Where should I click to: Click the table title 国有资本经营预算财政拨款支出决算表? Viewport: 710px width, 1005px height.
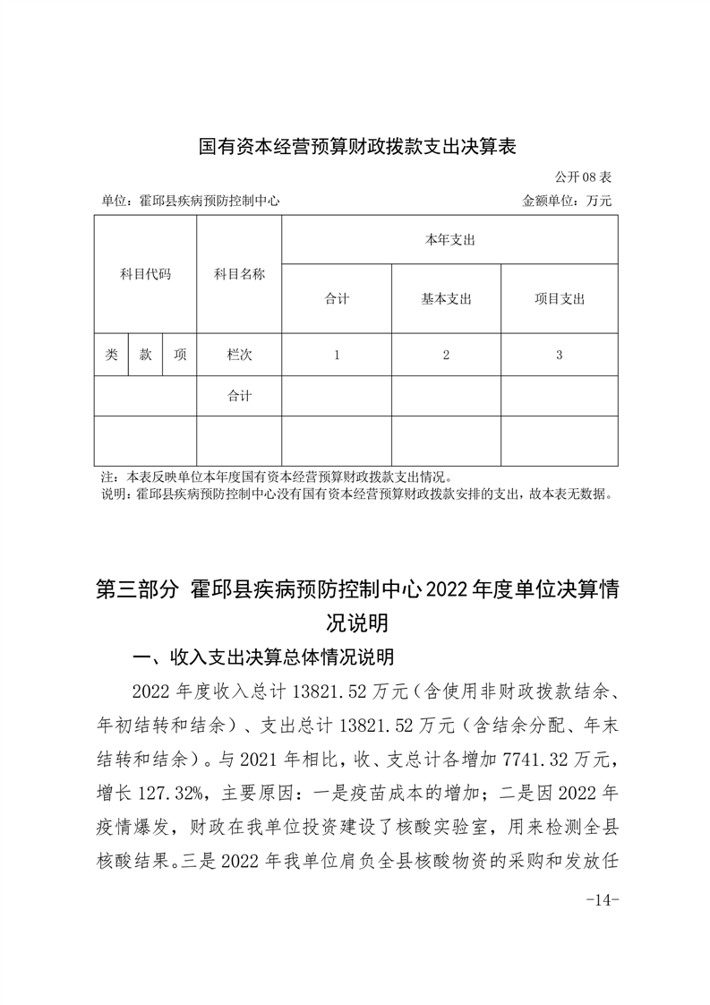pos(357,146)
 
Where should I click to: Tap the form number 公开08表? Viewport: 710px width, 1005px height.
pos(583,178)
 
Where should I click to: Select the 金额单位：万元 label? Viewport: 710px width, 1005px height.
pos(567,201)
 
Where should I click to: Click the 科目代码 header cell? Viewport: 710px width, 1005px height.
pos(145,274)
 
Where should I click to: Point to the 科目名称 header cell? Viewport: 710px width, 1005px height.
pos(239,274)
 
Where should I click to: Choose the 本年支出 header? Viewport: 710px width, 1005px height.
pos(449,240)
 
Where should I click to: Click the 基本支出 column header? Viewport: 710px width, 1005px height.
pos(446,299)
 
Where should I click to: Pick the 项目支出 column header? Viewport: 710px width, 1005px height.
pos(559,299)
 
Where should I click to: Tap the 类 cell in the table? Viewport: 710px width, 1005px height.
pos(111,355)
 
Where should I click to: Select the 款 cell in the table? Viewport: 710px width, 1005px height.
pos(145,355)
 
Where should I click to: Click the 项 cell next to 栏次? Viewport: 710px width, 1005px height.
pos(180,355)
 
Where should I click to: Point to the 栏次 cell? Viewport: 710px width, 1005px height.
pos(239,355)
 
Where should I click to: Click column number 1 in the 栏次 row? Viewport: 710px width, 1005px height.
pos(337,355)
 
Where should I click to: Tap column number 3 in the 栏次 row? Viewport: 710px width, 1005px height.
pos(559,355)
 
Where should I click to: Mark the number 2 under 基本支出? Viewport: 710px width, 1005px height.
pos(446,355)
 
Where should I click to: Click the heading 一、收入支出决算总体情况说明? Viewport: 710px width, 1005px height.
pos(262,657)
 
